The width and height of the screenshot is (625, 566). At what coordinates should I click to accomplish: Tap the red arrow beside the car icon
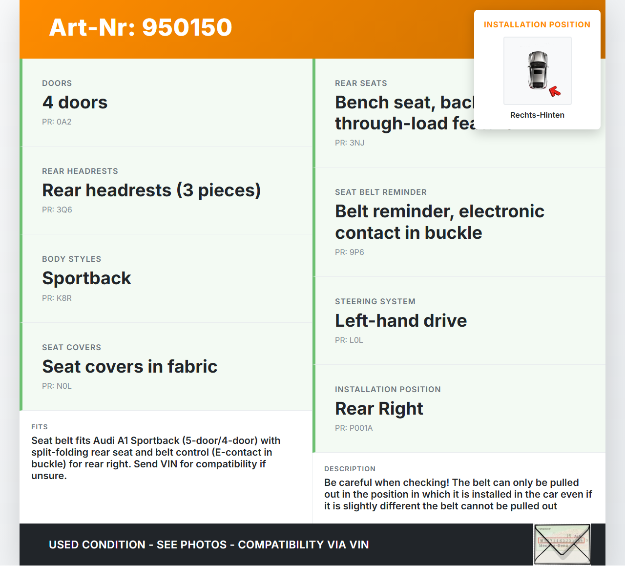(555, 91)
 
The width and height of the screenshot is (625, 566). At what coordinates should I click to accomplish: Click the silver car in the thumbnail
(538, 70)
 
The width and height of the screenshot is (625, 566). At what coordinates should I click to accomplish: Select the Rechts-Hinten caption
(537, 115)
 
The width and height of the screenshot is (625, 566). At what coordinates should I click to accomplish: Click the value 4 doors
(75, 103)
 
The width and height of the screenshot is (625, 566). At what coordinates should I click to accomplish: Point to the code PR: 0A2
(57, 122)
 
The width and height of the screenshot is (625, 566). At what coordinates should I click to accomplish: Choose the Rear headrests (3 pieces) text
(151, 190)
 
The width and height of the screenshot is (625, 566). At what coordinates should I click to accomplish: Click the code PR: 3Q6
(57, 210)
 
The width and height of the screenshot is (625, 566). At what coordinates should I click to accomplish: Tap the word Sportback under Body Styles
(86, 278)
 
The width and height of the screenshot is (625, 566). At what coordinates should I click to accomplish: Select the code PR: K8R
(57, 298)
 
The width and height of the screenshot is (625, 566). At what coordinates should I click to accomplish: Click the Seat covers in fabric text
(130, 367)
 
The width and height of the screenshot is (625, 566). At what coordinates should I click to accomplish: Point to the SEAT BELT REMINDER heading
(381, 192)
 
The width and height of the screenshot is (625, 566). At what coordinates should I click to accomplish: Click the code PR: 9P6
(350, 252)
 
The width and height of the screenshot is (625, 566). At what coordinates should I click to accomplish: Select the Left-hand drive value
(401, 321)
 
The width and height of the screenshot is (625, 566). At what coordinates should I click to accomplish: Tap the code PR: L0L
(349, 340)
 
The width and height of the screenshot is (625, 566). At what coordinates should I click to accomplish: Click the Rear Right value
(379, 409)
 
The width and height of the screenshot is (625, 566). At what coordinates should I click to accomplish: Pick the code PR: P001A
(354, 428)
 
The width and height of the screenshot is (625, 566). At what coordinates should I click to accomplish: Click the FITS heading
(40, 427)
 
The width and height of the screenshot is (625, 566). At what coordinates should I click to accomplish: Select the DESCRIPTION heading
(350, 469)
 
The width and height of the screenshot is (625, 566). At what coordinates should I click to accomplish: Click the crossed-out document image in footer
(562, 544)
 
